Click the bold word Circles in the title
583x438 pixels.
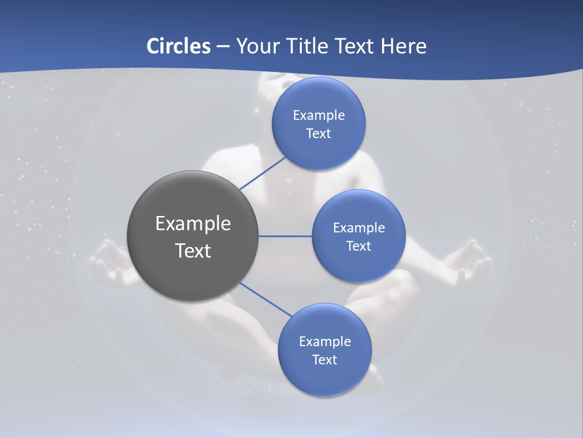point(179,46)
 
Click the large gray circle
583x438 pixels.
point(193,236)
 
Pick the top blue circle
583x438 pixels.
point(319,123)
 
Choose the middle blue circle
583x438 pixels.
point(358,236)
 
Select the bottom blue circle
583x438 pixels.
point(324,350)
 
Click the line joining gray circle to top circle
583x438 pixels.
point(262,173)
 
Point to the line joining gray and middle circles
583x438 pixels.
point(285,236)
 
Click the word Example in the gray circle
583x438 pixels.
point(193,223)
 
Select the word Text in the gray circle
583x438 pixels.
point(193,251)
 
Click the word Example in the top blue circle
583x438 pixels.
point(319,115)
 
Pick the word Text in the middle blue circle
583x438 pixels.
point(358,246)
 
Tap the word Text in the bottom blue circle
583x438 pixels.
point(324,360)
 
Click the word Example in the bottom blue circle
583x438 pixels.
point(324,341)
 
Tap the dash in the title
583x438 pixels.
point(222,46)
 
